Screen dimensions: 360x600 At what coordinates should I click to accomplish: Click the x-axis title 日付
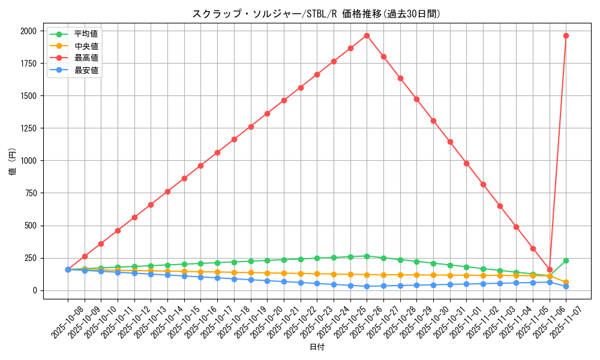point(317,347)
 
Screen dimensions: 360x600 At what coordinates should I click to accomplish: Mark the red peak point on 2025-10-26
point(367,35)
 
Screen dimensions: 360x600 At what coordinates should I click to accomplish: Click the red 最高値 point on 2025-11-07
point(566,35)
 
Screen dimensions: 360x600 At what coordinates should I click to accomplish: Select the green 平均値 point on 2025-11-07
point(566,260)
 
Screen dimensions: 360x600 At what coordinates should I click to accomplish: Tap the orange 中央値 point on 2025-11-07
point(566,282)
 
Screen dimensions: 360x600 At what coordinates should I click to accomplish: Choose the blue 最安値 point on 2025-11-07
point(566,286)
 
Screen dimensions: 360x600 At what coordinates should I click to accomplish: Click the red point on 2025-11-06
point(550,269)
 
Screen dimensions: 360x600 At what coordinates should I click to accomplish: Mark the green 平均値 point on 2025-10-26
point(367,256)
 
